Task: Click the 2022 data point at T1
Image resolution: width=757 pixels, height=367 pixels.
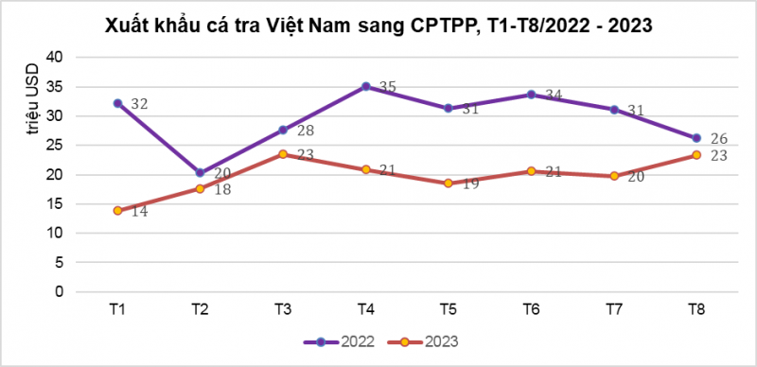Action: (117, 103)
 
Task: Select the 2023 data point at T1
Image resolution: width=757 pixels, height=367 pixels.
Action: (117, 210)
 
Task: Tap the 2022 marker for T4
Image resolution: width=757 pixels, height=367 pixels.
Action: (365, 86)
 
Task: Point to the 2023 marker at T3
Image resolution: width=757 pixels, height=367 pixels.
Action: (283, 154)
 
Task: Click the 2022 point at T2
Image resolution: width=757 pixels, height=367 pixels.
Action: (200, 173)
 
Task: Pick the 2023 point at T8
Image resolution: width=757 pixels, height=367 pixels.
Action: (696, 155)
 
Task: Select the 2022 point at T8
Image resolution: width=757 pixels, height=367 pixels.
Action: (696, 138)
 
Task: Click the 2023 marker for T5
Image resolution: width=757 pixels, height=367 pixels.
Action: (449, 183)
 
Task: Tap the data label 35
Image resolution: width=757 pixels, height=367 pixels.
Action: (387, 87)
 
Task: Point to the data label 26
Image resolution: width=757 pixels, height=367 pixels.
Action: (718, 138)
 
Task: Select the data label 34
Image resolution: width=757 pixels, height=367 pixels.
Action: (553, 95)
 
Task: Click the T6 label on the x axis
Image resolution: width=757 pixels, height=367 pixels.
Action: (531, 309)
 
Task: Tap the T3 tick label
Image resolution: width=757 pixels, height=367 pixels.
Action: (283, 309)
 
